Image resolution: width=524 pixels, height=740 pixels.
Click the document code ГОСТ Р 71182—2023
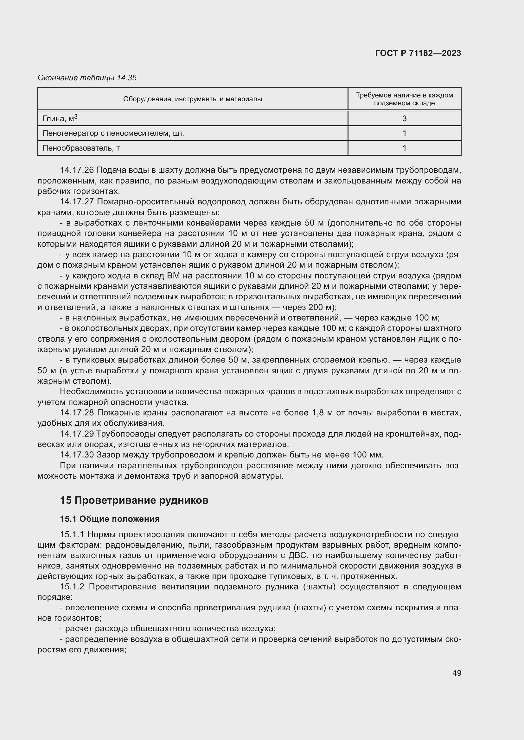pyautogui.click(x=418, y=53)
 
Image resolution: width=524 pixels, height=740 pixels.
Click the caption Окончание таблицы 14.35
pyautogui.click(x=87, y=78)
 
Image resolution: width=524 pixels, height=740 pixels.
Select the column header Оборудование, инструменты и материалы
pyautogui.click(x=192, y=99)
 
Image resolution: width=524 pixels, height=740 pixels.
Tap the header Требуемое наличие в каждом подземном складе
pyautogui.click(x=404, y=99)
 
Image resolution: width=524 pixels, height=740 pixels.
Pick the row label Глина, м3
pyautogui.click(x=60, y=118)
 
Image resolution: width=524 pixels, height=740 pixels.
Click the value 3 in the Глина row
pyautogui.click(x=404, y=119)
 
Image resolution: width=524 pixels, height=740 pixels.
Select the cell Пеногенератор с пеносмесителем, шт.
pyautogui.click(x=113, y=133)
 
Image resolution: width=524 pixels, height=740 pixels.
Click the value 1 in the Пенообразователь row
pyautogui.click(x=404, y=148)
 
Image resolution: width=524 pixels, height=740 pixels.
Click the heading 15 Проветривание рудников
pyautogui.click(x=134, y=500)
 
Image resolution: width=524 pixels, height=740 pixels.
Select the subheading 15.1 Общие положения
pyautogui.click(x=110, y=519)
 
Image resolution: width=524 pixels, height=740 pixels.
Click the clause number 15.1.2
pyautogui.click(x=72, y=587)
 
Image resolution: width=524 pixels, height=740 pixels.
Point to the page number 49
pyautogui.click(x=457, y=673)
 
